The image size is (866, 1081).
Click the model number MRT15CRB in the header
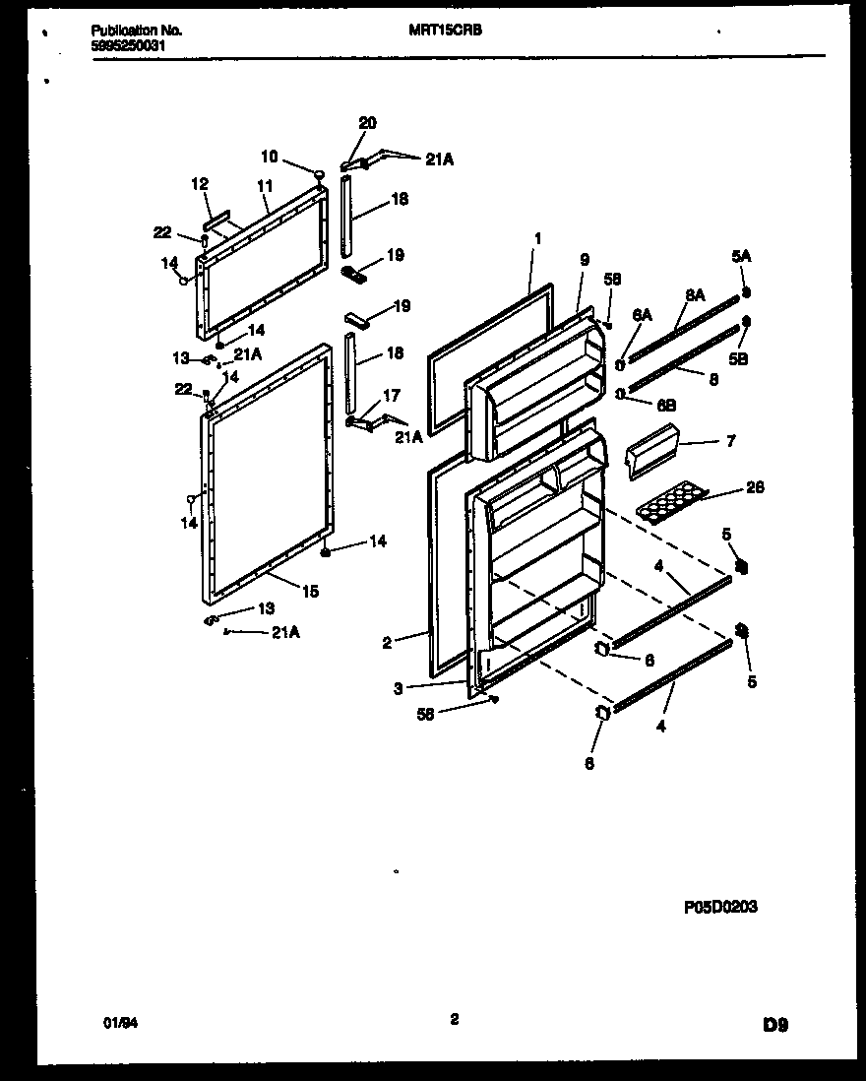[445, 31]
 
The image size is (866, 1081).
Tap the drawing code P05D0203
[719, 908]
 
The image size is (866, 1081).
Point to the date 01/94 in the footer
[116, 1023]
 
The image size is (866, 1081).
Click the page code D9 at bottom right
[774, 1024]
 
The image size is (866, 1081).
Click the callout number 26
[755, 487]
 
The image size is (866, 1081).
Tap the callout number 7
[730, 442]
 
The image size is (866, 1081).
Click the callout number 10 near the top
[270, 156]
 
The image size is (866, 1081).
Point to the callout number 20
[367, 123]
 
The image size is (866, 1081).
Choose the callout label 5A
[741, 258]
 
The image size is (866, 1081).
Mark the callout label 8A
[695, 293]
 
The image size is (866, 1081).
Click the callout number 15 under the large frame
[310, 592]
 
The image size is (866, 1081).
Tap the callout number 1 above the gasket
[538, 237]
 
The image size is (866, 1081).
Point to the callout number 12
[200, 183]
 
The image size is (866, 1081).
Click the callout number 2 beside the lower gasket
[387, 643]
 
